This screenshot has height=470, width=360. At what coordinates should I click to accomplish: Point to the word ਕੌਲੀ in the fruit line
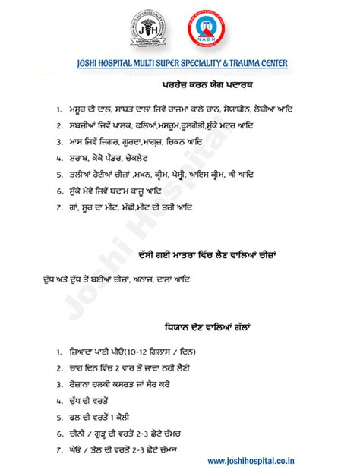[120, 417]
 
